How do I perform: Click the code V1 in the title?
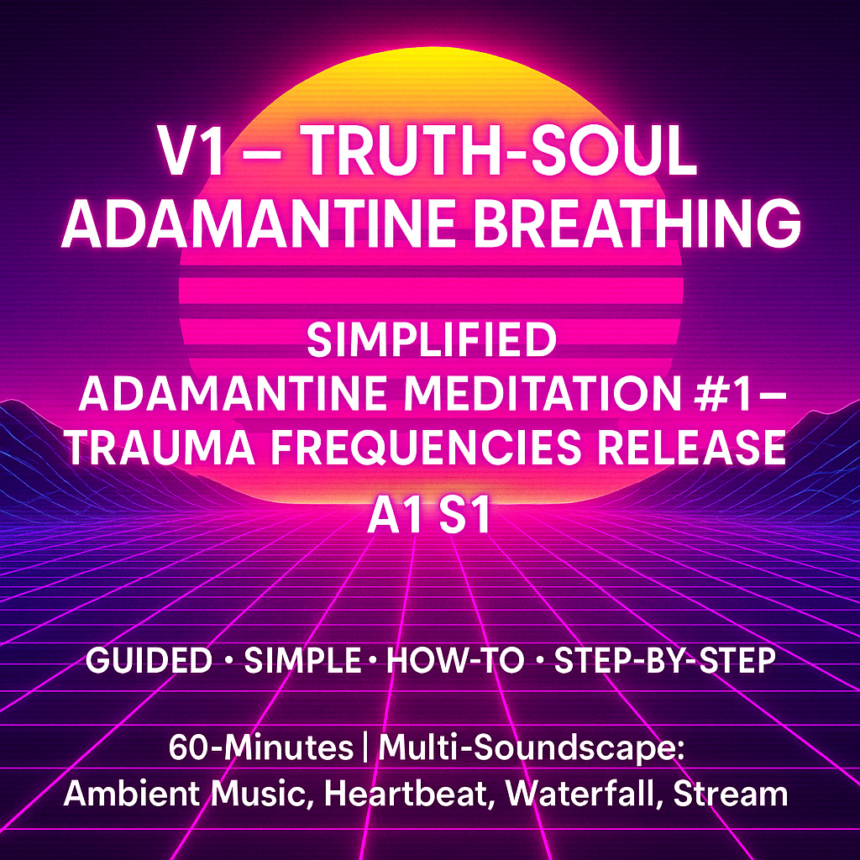(191, 150)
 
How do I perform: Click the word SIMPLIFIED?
(432, 339)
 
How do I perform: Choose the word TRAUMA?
(162, 447)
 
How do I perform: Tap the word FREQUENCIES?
(426, 447)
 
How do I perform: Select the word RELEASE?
(691, 447)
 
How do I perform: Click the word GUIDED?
(149, 660)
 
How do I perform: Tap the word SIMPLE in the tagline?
(302, 660)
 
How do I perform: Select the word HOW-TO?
(455, 660)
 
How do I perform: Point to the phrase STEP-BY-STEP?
(665, 660)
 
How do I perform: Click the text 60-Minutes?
(261, 747)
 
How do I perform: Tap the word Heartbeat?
(406, 794)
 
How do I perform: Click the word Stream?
(731, 794)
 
